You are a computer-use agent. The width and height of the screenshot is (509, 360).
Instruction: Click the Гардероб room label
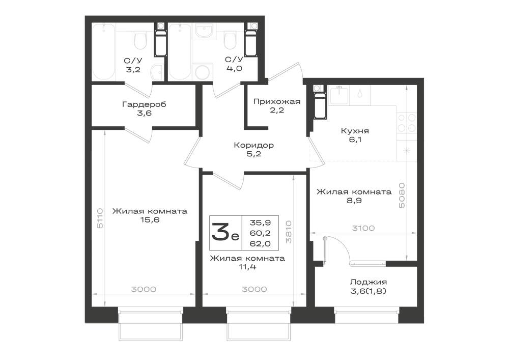[x=144, y=104]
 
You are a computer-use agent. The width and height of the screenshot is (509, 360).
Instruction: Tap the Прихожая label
[x=277, y=101]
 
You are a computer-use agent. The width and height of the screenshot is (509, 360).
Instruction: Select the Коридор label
[x=253, y=145]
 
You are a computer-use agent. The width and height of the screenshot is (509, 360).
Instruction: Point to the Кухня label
[x=355, y=131]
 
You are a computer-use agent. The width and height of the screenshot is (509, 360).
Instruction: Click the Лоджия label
[x=368, y=282]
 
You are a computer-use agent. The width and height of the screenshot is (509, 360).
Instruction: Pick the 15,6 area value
[x=150, y=220]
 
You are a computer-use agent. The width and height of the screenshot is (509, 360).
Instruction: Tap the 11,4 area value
[x=247, y=267]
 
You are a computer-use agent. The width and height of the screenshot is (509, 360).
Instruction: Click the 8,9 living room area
[x=354, y=200]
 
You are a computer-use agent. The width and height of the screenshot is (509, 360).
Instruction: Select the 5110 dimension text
[x=100, y=218]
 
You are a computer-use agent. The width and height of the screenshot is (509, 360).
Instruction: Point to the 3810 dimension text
[x=288, y=232]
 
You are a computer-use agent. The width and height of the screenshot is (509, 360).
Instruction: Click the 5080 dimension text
[x=402, y=196]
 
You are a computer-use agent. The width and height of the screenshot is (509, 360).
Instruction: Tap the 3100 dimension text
[x=363, y=228]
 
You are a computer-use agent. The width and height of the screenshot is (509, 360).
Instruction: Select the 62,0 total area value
[x=260, y=243]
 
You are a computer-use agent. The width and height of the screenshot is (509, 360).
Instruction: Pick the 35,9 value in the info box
[x=260, y=223]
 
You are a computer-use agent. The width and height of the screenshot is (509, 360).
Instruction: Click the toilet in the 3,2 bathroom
[x=140, y=39]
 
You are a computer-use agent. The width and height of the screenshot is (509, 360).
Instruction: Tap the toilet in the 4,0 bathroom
[x=230, y=39]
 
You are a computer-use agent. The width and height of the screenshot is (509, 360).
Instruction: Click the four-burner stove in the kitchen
[x=407, y=122]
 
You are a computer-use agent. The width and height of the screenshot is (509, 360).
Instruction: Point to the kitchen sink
[x=339, y=95]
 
